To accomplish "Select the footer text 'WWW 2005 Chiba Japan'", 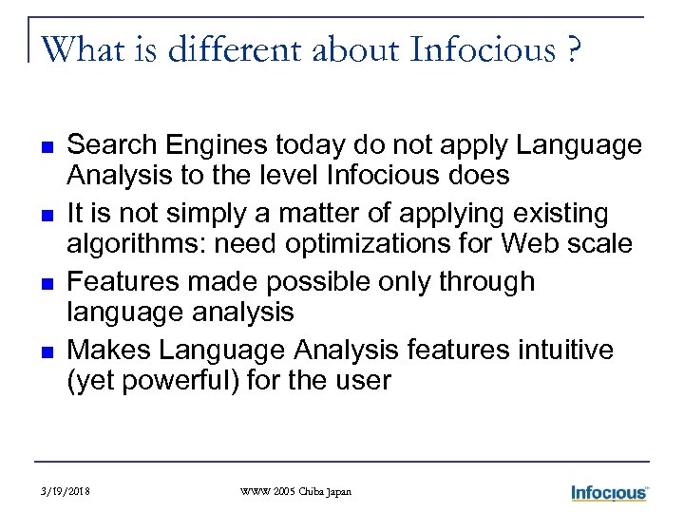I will pyautogui.click(x=295, y=492).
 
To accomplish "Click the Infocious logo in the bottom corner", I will pyautogui.click(x=609, y=492).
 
